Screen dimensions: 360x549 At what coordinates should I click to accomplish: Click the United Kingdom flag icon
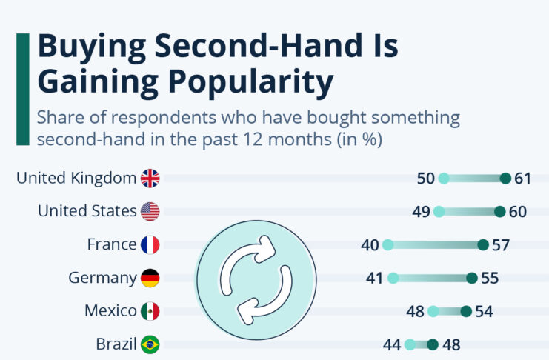coord(150,178)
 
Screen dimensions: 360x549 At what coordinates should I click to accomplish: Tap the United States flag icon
coord(150,211)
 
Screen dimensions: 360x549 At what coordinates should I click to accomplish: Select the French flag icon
coord(150,244)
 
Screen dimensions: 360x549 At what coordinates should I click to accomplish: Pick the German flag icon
coord(150,278)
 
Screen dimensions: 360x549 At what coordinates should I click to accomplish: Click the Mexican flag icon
coord(150,311)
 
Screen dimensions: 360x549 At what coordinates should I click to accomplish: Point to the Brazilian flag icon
coord(150,344)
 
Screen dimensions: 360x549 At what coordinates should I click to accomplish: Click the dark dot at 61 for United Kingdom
coord(505,178)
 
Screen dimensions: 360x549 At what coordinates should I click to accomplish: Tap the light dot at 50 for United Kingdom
coord(444,178)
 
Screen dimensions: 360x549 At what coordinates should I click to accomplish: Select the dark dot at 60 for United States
coord(499,211)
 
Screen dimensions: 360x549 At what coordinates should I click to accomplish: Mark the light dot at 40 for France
coord(387,244)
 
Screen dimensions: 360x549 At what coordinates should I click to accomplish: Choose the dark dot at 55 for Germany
coord(471,278)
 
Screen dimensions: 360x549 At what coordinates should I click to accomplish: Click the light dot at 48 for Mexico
coord(433,311)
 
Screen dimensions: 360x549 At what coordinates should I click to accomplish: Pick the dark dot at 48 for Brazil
coord(433,344)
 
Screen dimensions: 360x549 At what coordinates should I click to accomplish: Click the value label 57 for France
coord(501,244)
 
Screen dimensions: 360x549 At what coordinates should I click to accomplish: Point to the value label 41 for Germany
coord(375,278)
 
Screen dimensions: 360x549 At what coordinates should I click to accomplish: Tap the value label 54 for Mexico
coord(484,311)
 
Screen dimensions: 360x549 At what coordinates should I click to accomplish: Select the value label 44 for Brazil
coord(393,344)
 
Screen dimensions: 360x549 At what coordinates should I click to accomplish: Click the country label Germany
coord(102,278)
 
